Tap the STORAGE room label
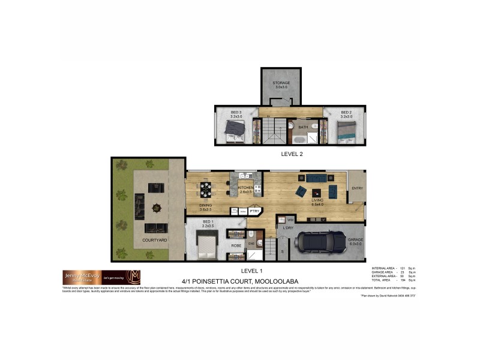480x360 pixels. coord(281,83)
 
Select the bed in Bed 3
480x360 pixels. coord(233,129)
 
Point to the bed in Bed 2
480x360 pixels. coord(346,130)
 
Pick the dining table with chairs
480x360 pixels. coord(206,190)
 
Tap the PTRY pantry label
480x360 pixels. coord(254,211)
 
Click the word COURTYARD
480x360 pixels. coord(154,240)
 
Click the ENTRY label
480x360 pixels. coord(358,188)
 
